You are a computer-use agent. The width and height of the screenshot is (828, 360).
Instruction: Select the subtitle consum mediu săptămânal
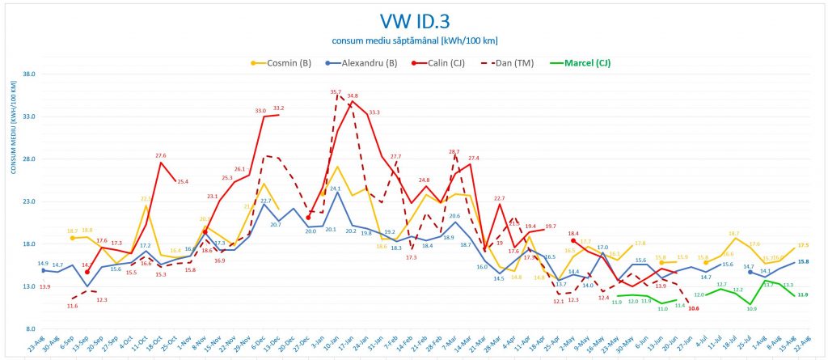(413, 40)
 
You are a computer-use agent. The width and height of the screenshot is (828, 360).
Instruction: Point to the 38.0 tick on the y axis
(26, 74)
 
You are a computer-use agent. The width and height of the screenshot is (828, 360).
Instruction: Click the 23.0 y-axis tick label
(26, 201)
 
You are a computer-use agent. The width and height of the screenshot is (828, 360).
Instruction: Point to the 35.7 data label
(336, 92)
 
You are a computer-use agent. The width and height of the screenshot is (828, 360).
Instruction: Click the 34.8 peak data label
(353, 95)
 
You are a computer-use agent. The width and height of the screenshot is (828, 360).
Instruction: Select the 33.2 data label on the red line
(279, 108)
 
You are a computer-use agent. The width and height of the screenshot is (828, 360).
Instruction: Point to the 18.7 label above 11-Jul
(734, 233)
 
